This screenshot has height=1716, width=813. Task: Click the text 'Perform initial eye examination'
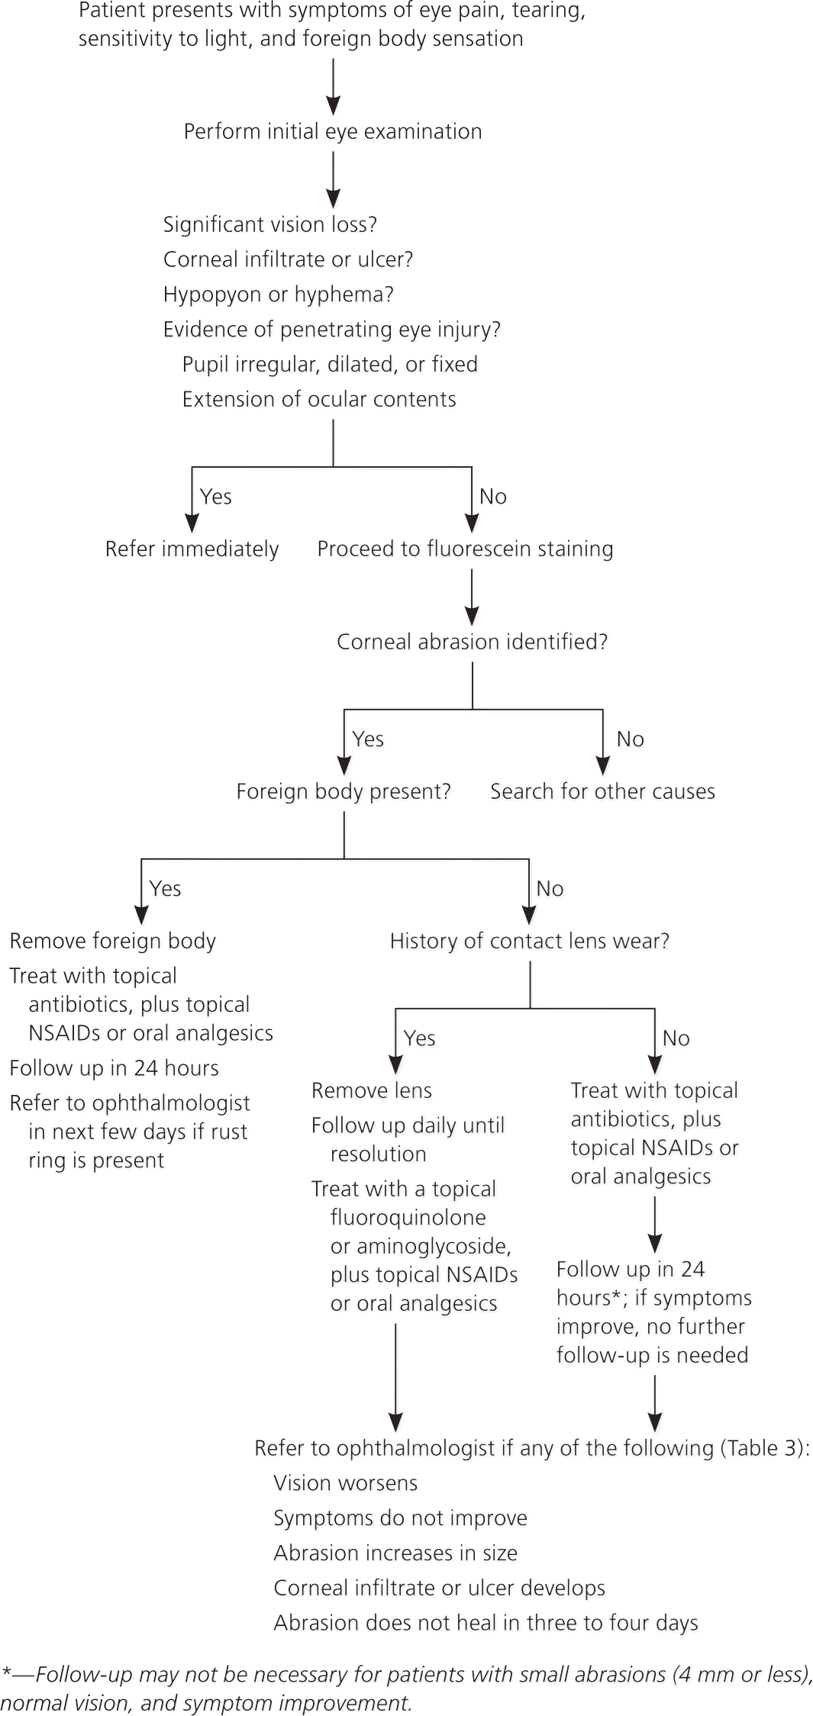click(333, 131)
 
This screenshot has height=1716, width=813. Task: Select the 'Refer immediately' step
click(192, 549)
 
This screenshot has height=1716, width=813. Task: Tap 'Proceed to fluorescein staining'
click(465, 549)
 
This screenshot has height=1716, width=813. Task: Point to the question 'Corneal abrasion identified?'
click(472, 642)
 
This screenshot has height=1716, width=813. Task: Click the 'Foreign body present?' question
click(344, 791)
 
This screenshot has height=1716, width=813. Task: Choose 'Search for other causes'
click(602, 791)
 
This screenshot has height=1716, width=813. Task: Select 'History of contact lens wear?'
click(529, 941)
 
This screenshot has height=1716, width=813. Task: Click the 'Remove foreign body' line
click(112, 941)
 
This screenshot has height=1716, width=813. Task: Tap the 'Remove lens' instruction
click(371, 1090)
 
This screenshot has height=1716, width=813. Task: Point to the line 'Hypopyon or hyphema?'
click(278, 295)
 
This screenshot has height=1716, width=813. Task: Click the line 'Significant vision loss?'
click(270, 224)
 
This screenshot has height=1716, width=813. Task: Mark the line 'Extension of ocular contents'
click(318, 399)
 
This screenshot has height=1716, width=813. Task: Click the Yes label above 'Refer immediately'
click(215, 497)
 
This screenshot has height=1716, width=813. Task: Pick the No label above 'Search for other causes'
click(630, 739)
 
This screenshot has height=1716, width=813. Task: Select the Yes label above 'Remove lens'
click(419, 1038)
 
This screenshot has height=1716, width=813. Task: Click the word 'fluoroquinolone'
click(408, 1218)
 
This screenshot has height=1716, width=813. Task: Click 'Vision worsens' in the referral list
click(345, 1483)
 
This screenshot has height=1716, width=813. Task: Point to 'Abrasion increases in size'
click(395, 1553)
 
